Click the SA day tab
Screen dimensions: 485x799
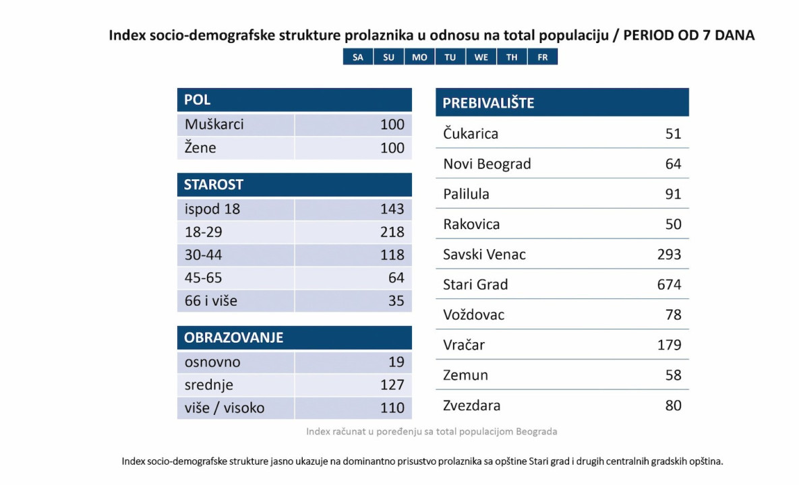click(358, 57)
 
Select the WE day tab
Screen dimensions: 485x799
click(481, 57)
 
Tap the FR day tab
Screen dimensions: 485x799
click(542, 57)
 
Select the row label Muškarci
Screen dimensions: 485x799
click(214, 125)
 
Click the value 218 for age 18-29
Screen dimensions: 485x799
click(392, 232)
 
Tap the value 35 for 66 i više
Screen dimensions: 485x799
click(396, 301)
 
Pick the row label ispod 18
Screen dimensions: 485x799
click(212, 209)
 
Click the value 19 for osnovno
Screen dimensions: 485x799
click(396, 362)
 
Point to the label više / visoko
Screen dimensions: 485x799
click(225, 408)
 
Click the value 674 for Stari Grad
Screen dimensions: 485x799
click(669, 285)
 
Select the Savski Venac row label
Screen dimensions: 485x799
click(484, 255)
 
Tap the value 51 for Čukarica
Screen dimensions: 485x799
click(673, 134)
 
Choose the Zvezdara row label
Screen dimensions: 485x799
click(472, 406)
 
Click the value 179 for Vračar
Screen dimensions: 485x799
click(669, 346)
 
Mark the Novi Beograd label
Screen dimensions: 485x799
click(487, 164)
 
